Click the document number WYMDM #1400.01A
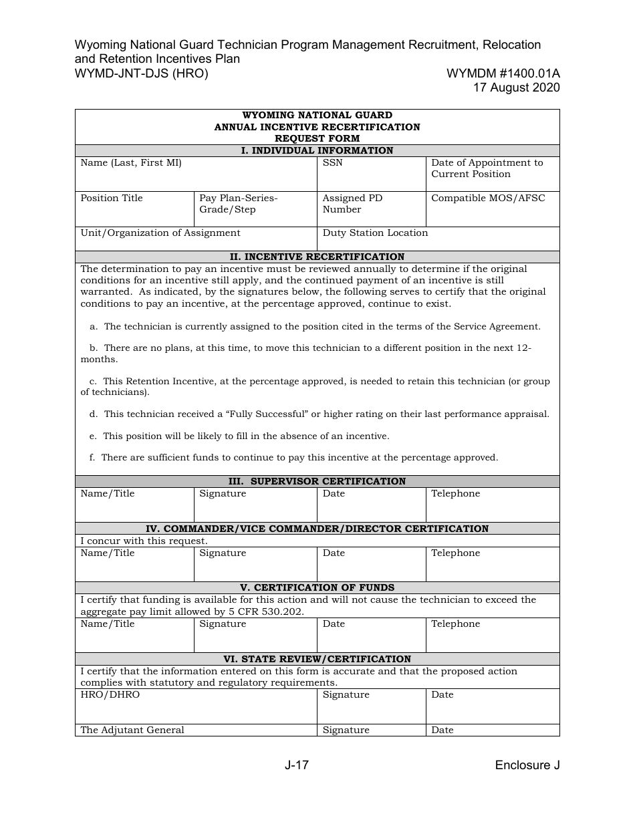pyautogui.click(x=503, y=74)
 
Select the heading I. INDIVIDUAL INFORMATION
pyautogui.click(x=317, y=150)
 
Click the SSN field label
pyautogui.click(x=332, y=163)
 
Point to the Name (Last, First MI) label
pyautogui.click(x=131, y=163)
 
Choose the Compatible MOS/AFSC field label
pyautogui.click(x=488, y=198)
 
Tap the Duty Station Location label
pyautogui.click(x=375, y=233)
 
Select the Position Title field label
pyautogui.click(x=112, y=198)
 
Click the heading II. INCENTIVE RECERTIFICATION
pyautogui.click(x=317, y=257)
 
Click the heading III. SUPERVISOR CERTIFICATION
pyautogui.click(x=317, y=481)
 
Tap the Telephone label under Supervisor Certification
pyautogui.click(x=455, y=494)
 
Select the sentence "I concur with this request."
pyautogui.click(x=144, y=541)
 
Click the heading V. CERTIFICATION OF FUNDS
pyautogui.click(x=317, y=587)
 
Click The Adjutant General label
pyautogui.click(x=132, y=730)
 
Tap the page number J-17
pyautogui.click(x=296, y=766)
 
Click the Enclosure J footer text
pyautogui.click(x=527, y=766)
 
